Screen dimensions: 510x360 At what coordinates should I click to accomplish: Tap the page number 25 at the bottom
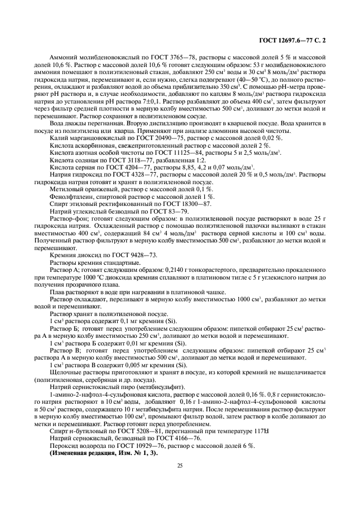tap(179, 465)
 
